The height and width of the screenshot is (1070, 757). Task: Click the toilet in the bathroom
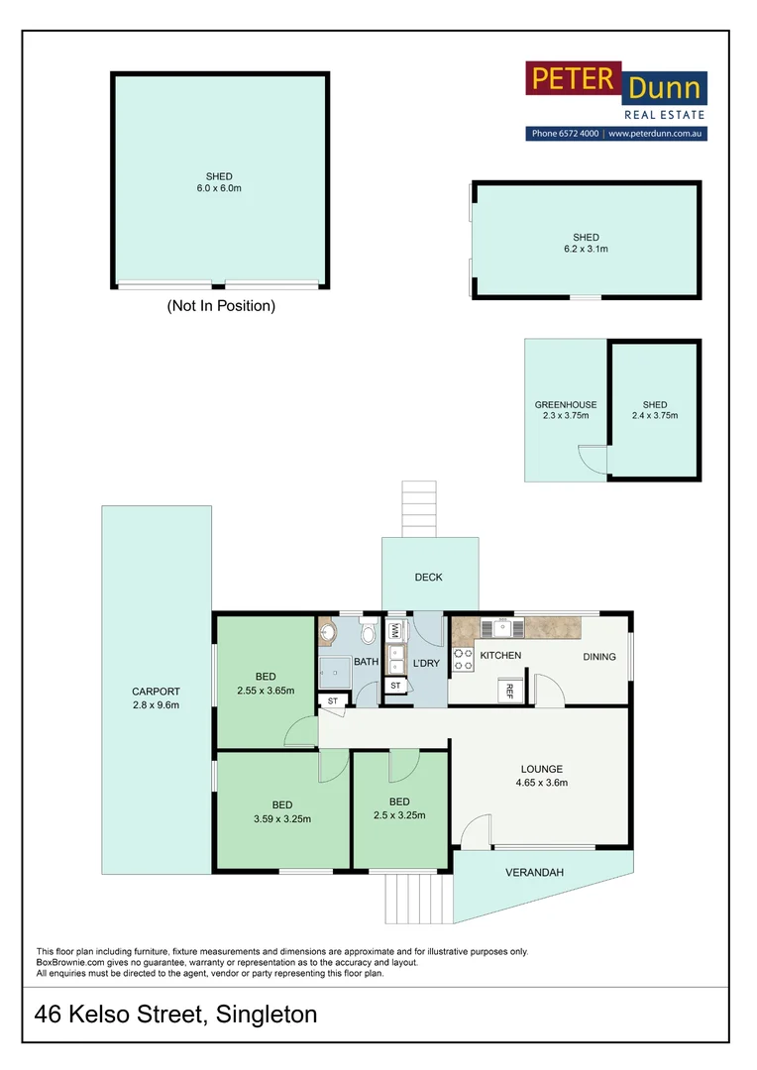[367, 634]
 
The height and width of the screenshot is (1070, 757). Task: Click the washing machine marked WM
[393, 628]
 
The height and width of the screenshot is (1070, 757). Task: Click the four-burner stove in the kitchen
[463, 660]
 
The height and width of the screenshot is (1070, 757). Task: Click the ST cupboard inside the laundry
[395, 686]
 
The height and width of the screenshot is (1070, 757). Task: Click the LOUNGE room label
[542, 769]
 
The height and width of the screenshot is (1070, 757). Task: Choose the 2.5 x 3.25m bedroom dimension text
[399, 815]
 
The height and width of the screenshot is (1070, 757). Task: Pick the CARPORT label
[156, 692]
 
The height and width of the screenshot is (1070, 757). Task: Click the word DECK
[429, 578]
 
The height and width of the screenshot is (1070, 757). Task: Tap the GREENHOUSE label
[566, 404]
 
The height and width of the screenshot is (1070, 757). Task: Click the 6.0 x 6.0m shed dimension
[220, 188]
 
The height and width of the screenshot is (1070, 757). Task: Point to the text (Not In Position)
[220, 306]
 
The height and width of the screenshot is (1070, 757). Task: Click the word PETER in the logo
[573, 80]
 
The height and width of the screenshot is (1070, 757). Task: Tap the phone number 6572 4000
[580, 134]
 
